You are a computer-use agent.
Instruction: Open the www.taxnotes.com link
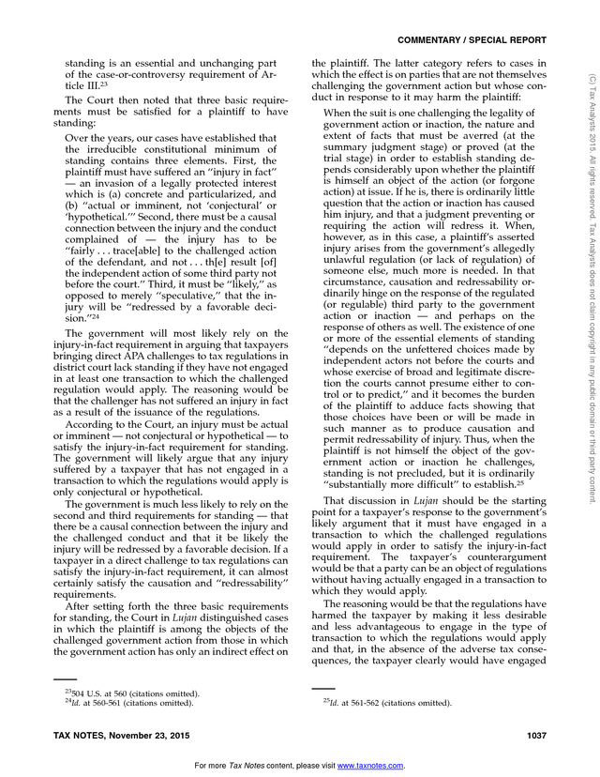(370, 766)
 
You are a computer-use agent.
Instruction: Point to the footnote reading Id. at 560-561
(118, 703)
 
